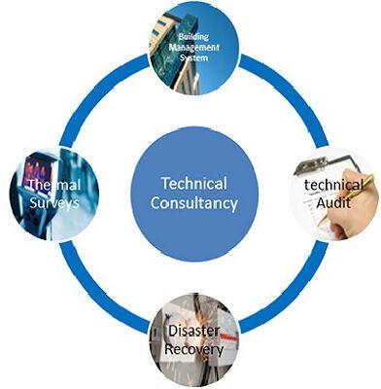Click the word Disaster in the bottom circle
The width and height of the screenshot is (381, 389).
pyautogui.click(x=190, y=331)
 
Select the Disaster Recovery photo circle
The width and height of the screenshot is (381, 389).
pyautogui.click(x=191, y=340)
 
